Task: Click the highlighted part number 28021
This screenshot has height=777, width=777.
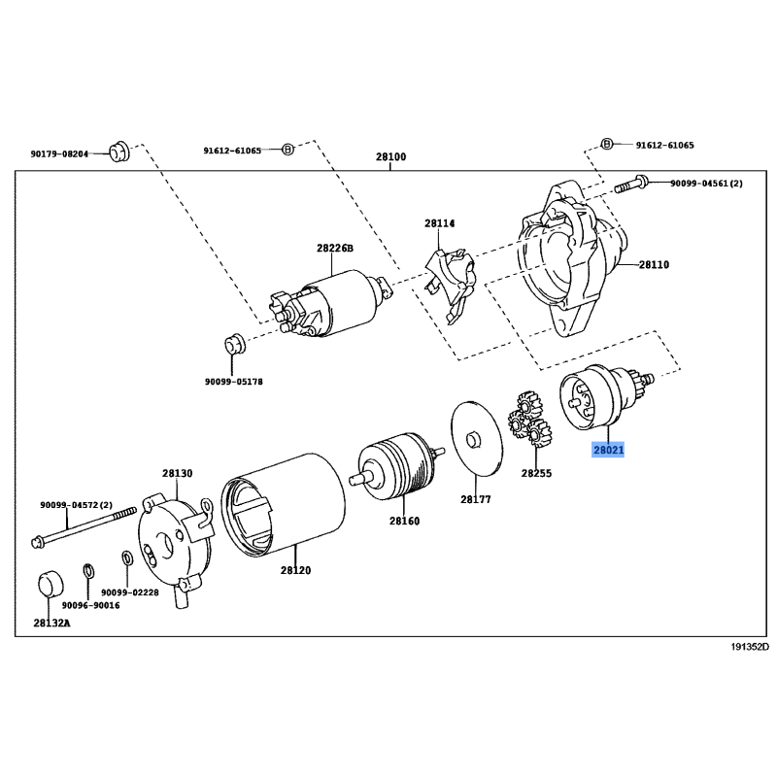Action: [x=608, y=450]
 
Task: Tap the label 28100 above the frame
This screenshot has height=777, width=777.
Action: [x=390, y=156]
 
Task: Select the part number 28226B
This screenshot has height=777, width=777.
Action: [x=335, y=248]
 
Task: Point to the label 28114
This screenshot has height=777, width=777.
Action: [x=440, y=223]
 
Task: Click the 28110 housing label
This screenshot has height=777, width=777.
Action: [x=654, y=264]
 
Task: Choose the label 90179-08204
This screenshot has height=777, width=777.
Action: [x=59, y=154]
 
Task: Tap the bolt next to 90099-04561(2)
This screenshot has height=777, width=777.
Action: [x=630, y=184]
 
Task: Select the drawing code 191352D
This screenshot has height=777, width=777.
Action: [x=750, y=647]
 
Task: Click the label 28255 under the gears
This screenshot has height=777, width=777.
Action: [x=536, y=473]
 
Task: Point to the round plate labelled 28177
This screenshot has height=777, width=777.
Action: [x=476, y=439]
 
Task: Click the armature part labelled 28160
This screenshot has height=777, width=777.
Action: [x=401, y=466]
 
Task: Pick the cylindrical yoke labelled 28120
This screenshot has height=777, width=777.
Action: [x=283, y=503]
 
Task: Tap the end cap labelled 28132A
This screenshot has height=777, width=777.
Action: [x=51, y=585]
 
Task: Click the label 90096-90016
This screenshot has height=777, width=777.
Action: [x=90, y=605]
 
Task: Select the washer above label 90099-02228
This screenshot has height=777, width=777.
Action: [x=126, y=558]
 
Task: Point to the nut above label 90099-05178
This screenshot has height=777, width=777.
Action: [x=234, y=345]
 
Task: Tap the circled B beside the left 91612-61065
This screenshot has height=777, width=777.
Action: [x=287, y=150]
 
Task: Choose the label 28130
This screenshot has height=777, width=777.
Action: [x=178, y=473]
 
